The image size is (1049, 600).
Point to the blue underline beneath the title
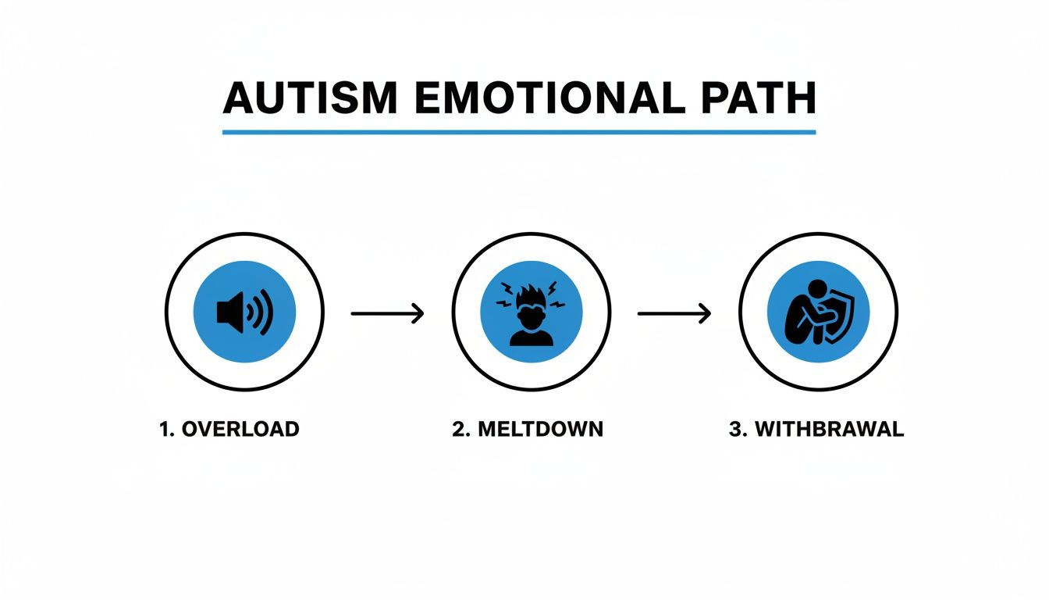[x=518, y=132]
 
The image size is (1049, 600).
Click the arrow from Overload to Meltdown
[x=387, y=314]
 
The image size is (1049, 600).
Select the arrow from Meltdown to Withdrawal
[x=674, y=314]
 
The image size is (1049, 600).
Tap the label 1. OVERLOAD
[x=229, y=429]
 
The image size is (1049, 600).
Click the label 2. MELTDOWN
[x=528, y=429]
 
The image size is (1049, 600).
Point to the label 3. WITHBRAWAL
[x=816, y=429]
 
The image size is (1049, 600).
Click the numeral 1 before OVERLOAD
[x=165, y=429]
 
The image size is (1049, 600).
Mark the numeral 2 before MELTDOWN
[x=457, y=429]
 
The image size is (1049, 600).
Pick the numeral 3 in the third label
[x=734, y=429]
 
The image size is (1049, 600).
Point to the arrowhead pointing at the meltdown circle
[x=419, y=314]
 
